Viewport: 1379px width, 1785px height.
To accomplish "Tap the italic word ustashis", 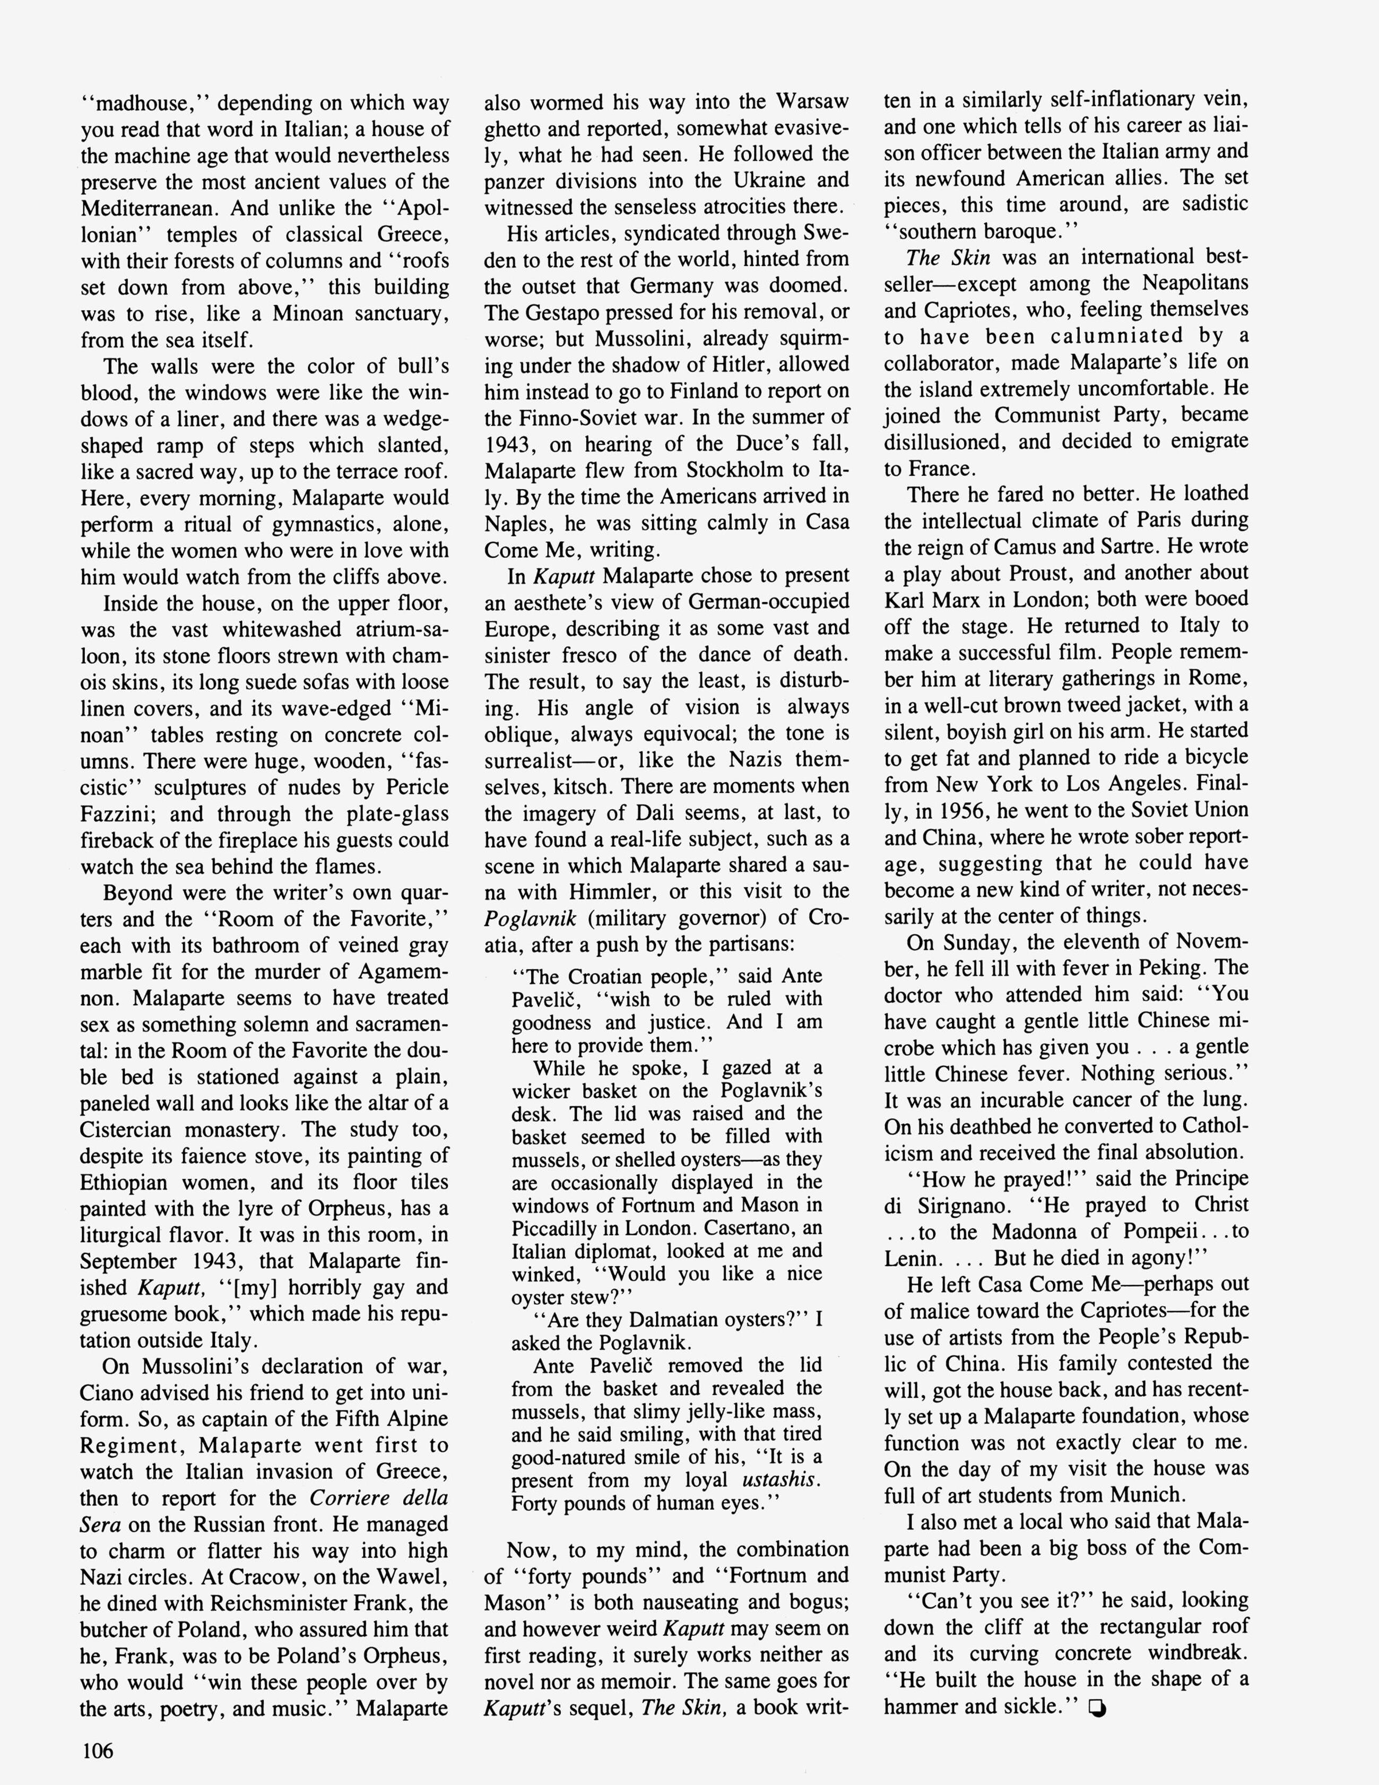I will click(780, 1479).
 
